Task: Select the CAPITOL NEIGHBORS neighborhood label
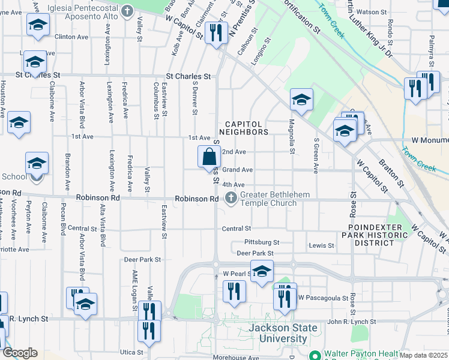(243, 127)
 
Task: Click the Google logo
(20, 353)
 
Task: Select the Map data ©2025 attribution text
(424, 355)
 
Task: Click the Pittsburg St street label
(262, 242)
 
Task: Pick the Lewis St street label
(321, 246)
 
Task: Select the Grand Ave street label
(238, 170)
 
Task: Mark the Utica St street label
(132, 352)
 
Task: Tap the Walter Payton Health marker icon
(314, 355)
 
